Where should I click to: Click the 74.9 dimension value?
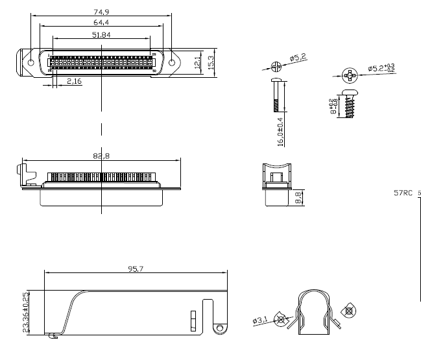tap(101, 12)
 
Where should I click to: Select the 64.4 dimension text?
tap(101, 23)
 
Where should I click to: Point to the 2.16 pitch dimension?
tap(75, 81)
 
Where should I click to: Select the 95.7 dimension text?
tap(135, 267)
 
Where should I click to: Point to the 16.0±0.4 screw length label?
tap(280, 130)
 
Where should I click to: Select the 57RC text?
tap(403, 193)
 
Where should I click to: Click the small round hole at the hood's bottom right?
tap(221, 329)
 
